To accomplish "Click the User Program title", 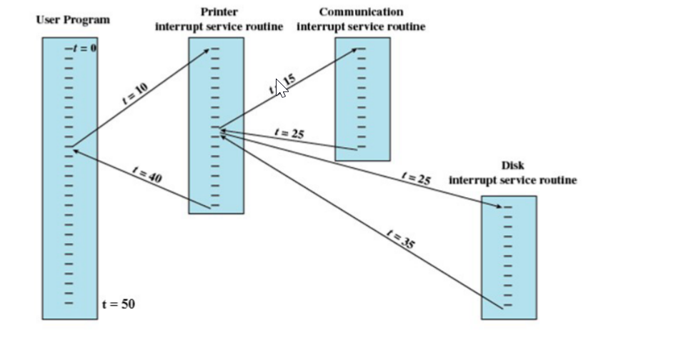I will pyautogui.click(x=73, y=20).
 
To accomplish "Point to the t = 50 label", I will pyautogui.click(x=118, y=304).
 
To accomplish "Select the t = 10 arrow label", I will pyautogui.click(x=136, y=94).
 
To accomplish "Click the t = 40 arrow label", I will pyautogui.click(x=148, y=174).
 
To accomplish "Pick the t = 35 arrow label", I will pyautogui.click(x=400, y=239).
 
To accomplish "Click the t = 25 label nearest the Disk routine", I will pyautogui.click(x=416, y=178).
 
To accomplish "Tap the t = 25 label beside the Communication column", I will pyautogui.click(x=289, y=134).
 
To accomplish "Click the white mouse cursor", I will pyautogui.click(x=280, y=87).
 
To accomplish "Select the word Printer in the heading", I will pyautogui.click(x=219, y=11).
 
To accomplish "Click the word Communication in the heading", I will pyautogui.click(x=361, y=11).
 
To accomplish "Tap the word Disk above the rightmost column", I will pyautogui.click(x=512, y=166).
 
